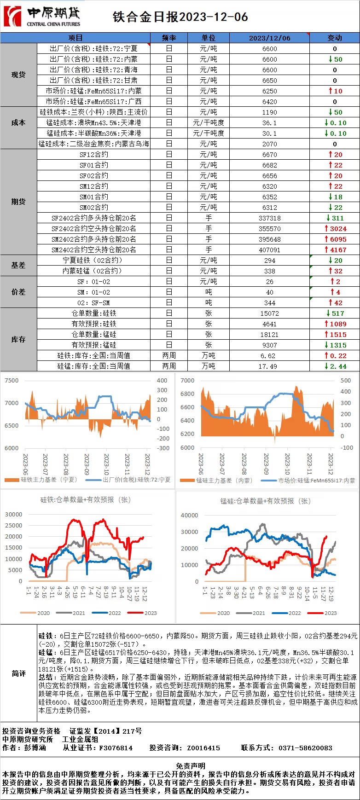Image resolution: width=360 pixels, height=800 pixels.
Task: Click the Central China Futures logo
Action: point(41,17)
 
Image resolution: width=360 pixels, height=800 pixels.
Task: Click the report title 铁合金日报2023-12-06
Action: point(180,17)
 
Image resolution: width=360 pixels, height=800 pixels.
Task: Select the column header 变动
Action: point(334,38)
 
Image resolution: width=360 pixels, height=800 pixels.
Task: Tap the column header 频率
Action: point(169,38)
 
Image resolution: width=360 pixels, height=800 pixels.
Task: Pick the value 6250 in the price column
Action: point(269,91)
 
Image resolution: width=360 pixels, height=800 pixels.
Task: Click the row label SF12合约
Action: point(94,155)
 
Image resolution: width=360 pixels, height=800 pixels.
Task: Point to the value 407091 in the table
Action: point(269,250)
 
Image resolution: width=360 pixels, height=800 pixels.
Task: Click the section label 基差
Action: point(18,266)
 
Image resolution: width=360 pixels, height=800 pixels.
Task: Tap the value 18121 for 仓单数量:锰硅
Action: point(269,335)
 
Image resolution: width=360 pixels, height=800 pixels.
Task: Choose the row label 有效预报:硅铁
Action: point(94,324)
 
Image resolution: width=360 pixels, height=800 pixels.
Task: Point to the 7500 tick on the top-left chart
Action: point(12,381)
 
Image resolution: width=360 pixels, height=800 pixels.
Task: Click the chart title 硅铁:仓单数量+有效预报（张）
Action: point(86,499)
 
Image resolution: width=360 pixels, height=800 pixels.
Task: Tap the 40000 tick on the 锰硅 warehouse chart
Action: point(189,516)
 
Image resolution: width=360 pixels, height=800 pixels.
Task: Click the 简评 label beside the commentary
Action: point(18,673)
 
